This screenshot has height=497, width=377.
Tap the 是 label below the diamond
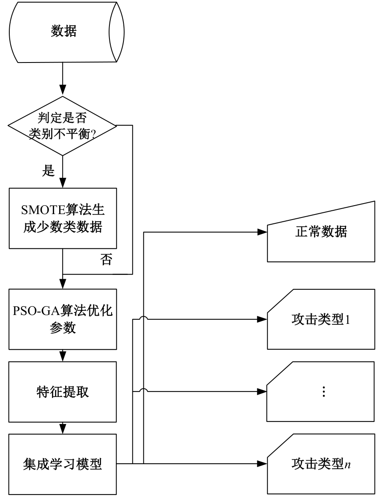49,171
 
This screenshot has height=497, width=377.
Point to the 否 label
107,261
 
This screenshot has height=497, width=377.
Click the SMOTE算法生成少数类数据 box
62,218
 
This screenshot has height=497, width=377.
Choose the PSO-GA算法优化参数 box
62,319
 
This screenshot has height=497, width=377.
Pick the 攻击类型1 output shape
321,319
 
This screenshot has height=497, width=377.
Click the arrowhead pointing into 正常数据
262,232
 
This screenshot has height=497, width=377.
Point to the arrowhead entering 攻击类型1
262,319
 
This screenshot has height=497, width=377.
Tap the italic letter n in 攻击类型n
347,465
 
